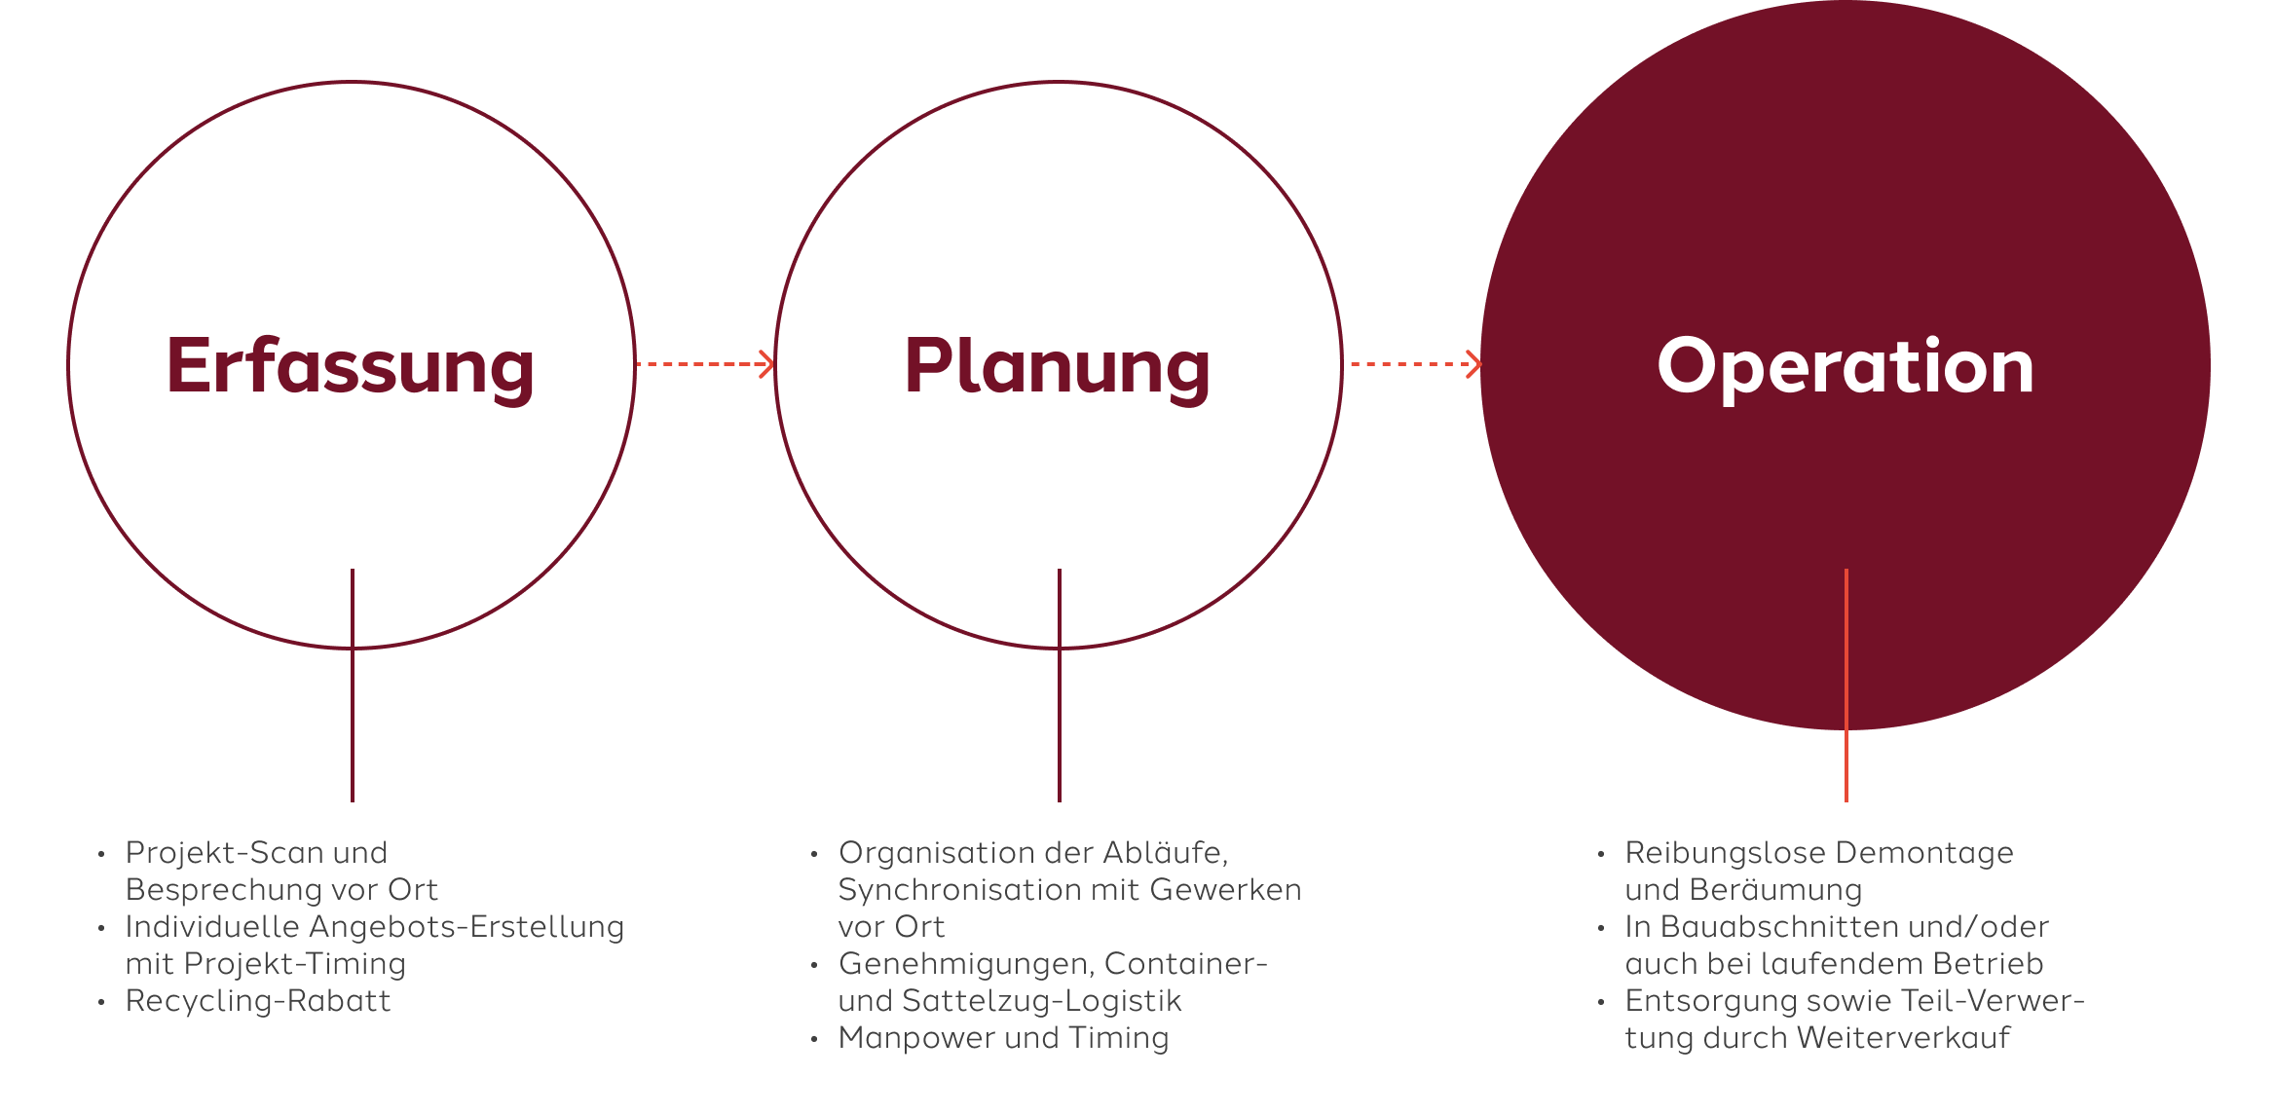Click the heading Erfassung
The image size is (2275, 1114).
click(x=351, y=368)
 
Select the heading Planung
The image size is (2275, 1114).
click(x=1058, y=368)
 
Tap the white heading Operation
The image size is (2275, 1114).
click(x=1846, y=368)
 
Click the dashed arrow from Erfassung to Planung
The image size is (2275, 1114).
click(x=705, y=364)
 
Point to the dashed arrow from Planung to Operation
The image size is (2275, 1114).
click(x=1416, y=364)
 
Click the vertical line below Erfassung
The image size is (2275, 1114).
click(x=353, y=686)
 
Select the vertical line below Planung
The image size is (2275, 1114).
click(x=1060, y=686)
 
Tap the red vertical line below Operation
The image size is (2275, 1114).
click(x=1846, y=686)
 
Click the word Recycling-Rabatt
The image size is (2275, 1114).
click(x=258, y=1002)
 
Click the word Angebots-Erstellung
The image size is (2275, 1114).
click(x=466, y=928)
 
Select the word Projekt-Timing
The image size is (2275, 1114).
click(x=295, y=965)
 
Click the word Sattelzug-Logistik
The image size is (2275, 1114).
click(x=1042, y=1002)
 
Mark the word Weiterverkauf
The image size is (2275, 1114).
click(x=1904, y=1038)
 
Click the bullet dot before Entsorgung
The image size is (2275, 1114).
click(x=1600, y=1003)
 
